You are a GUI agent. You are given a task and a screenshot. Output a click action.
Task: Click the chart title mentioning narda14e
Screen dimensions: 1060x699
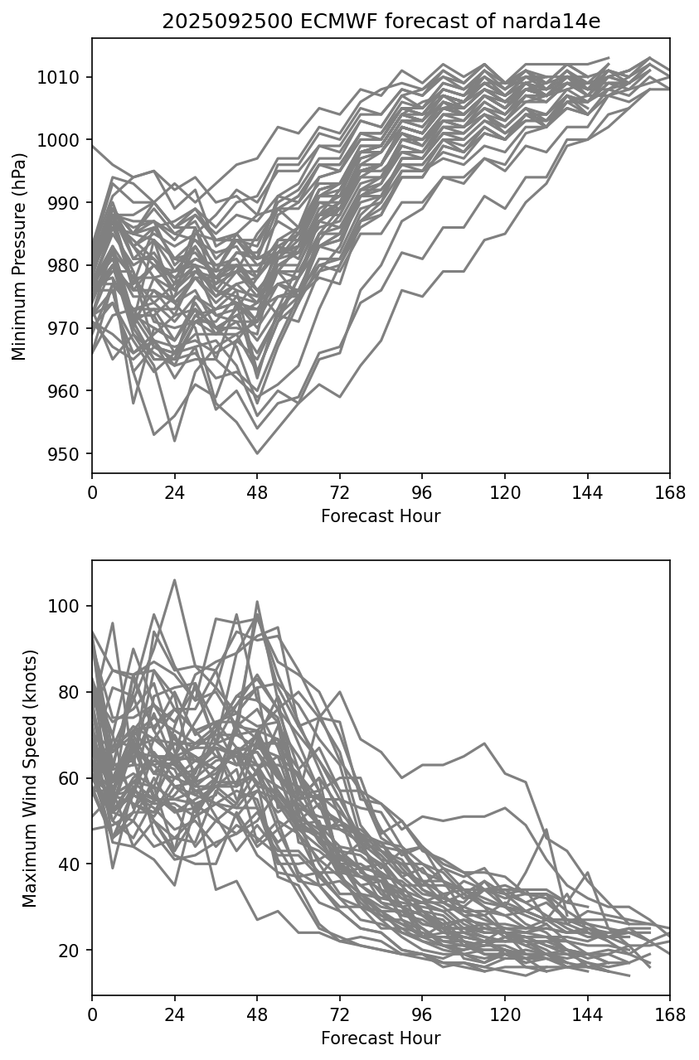click(x=381, y=22)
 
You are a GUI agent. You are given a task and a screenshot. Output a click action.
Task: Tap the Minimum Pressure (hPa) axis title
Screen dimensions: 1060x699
click(x=19, y=256)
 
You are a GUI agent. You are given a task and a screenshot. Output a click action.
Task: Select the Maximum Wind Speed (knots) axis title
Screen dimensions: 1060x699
click(x=30, y=778)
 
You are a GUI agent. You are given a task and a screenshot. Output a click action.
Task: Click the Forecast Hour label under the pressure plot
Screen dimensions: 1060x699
click(x=381, y=516)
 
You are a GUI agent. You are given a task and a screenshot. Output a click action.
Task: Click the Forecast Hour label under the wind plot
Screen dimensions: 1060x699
click(x=381, y=1038)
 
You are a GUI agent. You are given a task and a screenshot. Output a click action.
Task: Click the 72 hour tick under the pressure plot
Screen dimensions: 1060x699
click(x=340, y=492)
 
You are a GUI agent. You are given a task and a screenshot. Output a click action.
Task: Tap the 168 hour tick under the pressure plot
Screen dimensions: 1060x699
click(x=670, y=492)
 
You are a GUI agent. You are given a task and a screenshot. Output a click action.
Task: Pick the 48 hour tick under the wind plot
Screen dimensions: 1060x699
click(x=257, y=1014)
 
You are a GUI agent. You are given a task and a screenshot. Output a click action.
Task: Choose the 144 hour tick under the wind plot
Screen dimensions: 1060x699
click(x=588, y=1014)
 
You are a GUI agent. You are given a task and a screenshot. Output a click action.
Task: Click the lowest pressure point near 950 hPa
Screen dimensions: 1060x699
click(x=257, y=453)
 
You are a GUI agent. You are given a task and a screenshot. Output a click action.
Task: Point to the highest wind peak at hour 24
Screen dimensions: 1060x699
click(x=174, y=580)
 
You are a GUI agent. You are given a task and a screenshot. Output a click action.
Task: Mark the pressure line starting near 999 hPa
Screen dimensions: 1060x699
click(x=94, y=146)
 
